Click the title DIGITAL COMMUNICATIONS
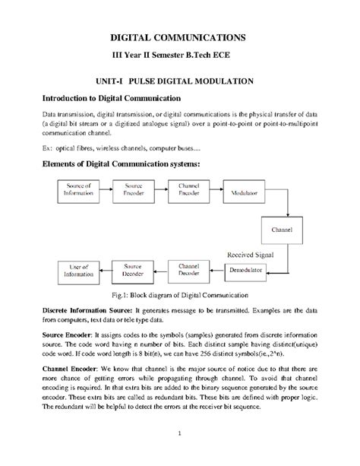[178, 36]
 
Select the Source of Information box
[79, 189]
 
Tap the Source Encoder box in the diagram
[134, 189]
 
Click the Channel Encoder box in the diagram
[189, 189]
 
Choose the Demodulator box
[247, 270]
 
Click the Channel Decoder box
[189, 270]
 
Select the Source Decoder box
[134, 270]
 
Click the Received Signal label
[250, 253]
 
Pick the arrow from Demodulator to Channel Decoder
[218, 270]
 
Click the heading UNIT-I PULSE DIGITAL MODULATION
[179, 79]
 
